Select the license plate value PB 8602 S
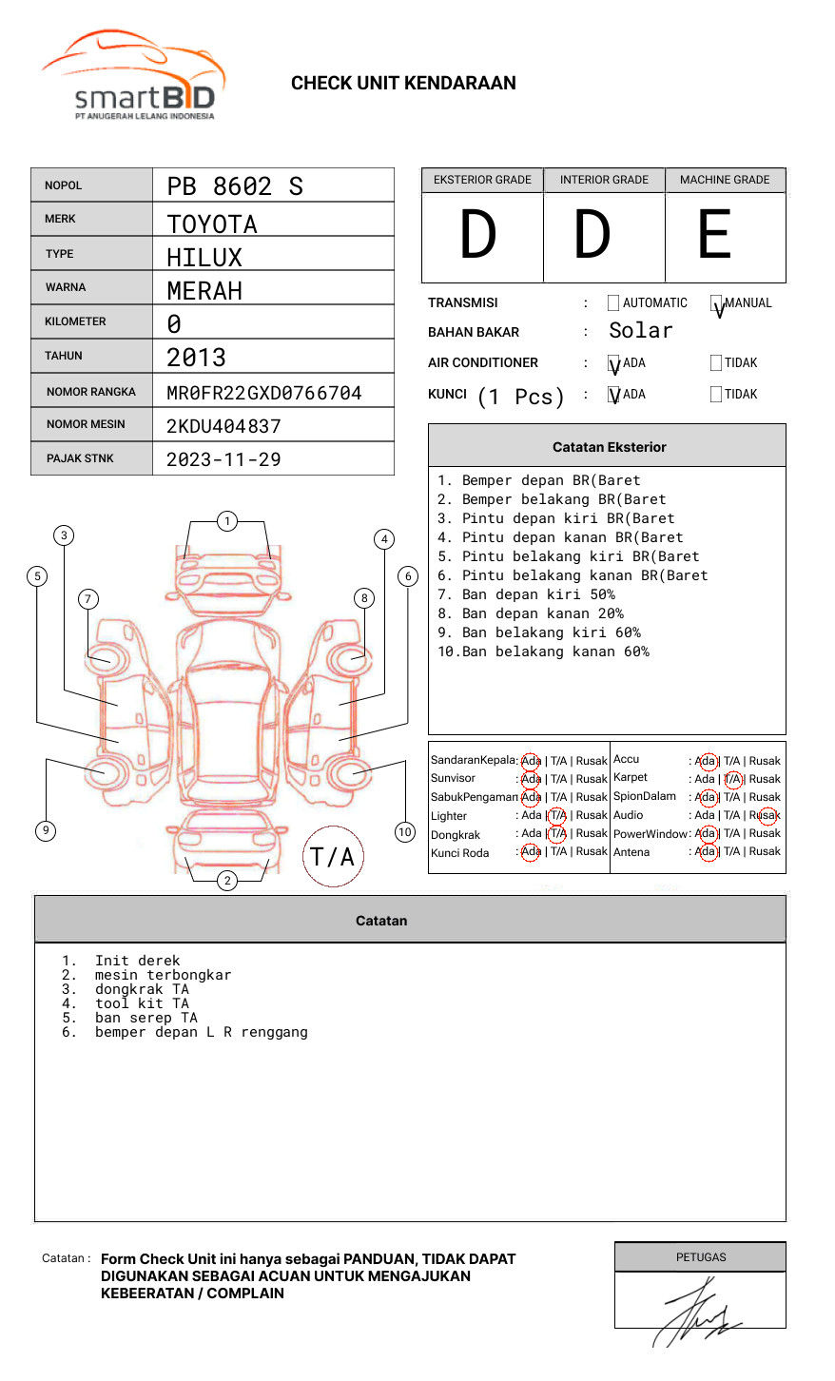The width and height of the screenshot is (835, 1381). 235,186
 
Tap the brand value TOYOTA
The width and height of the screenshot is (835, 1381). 212,224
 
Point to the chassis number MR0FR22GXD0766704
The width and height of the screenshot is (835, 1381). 264,393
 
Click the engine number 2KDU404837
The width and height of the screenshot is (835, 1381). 223,426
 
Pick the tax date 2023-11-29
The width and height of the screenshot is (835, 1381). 223,459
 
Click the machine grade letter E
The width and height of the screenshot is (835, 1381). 714,235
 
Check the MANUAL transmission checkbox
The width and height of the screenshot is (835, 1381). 716,303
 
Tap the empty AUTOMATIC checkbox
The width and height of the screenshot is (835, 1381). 613,303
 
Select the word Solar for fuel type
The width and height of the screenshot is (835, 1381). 640,331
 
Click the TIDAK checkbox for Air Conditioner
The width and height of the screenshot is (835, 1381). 716,363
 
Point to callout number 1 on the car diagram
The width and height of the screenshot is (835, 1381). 226,521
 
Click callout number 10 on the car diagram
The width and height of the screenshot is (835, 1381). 405,832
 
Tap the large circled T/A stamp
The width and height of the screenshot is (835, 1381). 333,857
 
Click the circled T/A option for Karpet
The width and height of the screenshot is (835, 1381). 732,779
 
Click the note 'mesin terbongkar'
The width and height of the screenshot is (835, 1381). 163,975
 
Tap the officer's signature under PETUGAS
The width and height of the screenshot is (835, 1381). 697,1313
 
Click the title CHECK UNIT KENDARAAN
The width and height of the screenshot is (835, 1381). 403,84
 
